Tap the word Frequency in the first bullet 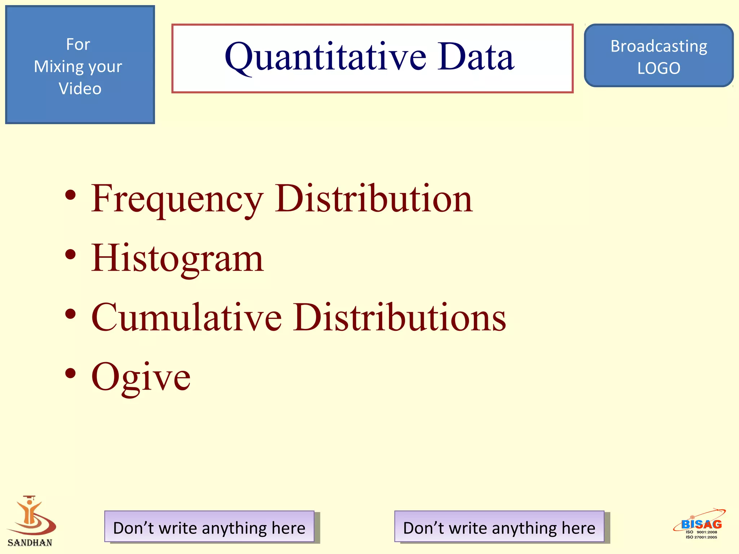[177, 199]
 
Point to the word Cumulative [186, 317]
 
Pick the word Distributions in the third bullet [400, 317]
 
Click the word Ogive [141, 377]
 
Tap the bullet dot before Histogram [71, 255]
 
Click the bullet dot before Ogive [71, 374]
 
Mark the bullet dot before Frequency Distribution [71, 195]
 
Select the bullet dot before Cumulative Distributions [71, 314]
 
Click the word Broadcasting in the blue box [659, 46]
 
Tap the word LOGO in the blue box [659, 68]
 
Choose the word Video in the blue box [80, 89]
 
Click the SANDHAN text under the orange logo [30, 542]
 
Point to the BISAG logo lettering [701, 524]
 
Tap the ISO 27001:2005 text [701, 537]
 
